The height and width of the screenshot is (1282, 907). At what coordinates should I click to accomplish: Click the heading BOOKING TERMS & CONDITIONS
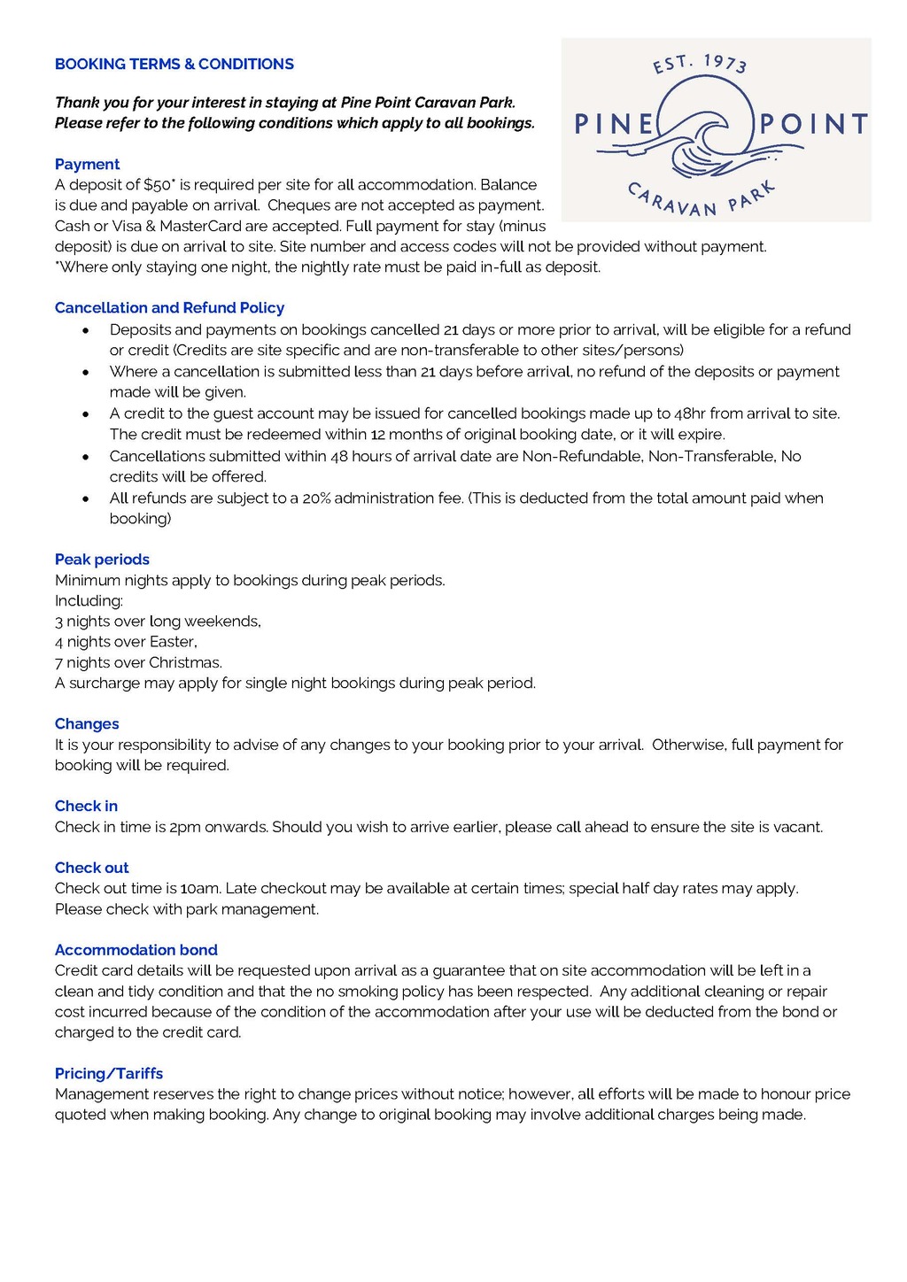point(174,64)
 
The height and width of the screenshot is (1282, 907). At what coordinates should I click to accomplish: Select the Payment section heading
point(87,164)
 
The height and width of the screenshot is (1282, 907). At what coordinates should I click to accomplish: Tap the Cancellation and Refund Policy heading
point(169,307)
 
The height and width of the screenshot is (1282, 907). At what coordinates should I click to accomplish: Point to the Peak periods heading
point(102,559)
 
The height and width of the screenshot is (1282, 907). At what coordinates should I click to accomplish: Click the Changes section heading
point(87,723)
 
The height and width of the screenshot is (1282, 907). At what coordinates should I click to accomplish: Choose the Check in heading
point(86,806)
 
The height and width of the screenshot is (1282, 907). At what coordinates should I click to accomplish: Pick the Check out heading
point(91,868)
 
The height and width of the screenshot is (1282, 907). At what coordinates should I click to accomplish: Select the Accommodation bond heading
point(136,950)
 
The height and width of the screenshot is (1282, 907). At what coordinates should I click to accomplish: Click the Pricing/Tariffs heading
point(109,1073)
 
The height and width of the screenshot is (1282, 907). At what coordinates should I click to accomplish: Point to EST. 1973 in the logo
point(700,62)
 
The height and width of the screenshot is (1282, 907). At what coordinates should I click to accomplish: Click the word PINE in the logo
point(615,124)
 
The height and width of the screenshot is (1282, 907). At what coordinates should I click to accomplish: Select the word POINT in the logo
point(813,124)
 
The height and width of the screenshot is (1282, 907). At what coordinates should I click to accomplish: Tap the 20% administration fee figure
point(316,498)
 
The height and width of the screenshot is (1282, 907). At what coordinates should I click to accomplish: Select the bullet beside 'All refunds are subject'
point(85,498)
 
